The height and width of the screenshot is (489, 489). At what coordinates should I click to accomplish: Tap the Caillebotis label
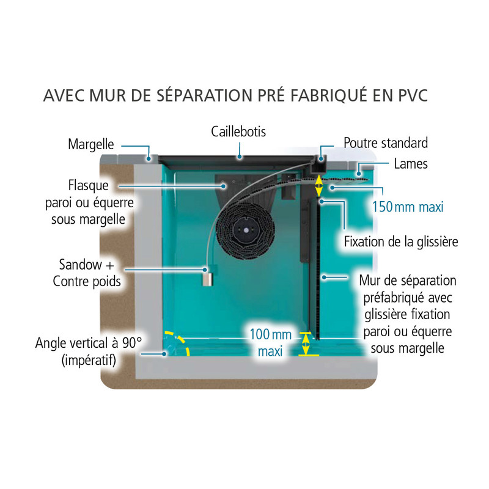click(x=238, y=131)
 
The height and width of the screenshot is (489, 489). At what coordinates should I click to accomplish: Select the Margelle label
click(x=91, y=145)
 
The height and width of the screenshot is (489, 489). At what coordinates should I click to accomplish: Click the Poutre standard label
click(x=386, y=143)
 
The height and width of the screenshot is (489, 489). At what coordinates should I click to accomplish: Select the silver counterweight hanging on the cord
click(x=208, y=280)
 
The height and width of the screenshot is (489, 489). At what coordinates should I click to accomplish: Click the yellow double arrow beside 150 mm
click(x=318, y=186)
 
